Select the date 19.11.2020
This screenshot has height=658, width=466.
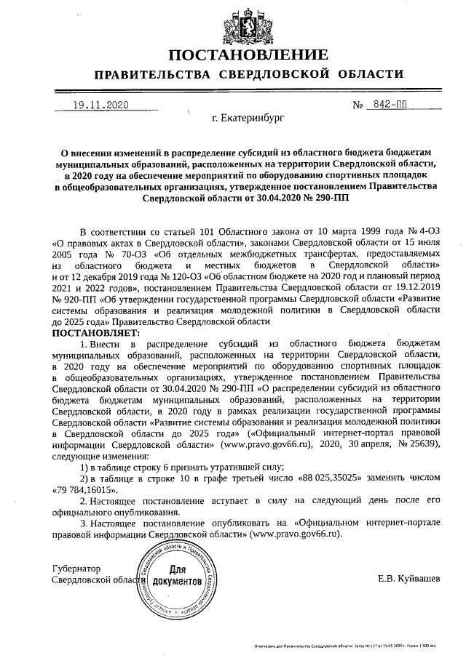click(x=100, y=105)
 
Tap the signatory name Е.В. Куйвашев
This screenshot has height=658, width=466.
click(x=408, y=579)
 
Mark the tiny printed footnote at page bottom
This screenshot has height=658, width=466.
click(x=355, y=645)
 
